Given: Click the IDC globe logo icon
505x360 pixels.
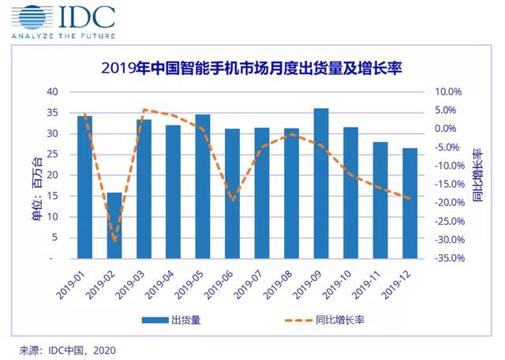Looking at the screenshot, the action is [32, 17].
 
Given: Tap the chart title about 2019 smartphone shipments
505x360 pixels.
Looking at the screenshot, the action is [252, 69].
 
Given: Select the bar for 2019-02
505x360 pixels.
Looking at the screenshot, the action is [114, 226].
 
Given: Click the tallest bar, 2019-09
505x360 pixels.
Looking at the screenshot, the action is [321, 183].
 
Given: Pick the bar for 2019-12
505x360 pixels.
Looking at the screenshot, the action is [410, 204].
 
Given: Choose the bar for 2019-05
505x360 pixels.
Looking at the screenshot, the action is [203, 186].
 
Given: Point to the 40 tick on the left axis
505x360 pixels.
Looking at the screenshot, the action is [53, 92].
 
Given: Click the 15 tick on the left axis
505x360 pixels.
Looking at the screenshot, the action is [53, 196].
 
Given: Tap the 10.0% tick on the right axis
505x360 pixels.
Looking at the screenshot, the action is [448, 92].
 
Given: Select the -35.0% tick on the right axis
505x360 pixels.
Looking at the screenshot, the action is [450, 258].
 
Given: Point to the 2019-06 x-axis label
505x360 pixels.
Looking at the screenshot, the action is [219, 285].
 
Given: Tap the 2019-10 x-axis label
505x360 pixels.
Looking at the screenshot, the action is [337, 285].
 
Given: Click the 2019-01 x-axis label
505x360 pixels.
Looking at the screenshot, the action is [70, 285].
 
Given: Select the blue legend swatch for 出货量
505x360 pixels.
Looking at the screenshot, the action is [155, 320].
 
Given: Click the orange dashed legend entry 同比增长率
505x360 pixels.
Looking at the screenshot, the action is [324, 320].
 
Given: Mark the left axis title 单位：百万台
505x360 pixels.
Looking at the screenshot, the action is [37, 188].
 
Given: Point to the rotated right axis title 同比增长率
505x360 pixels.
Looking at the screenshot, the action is [477, 175].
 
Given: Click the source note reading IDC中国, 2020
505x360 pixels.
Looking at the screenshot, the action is [67, 351].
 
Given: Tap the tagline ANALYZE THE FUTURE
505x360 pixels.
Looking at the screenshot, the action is [63, 36].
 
